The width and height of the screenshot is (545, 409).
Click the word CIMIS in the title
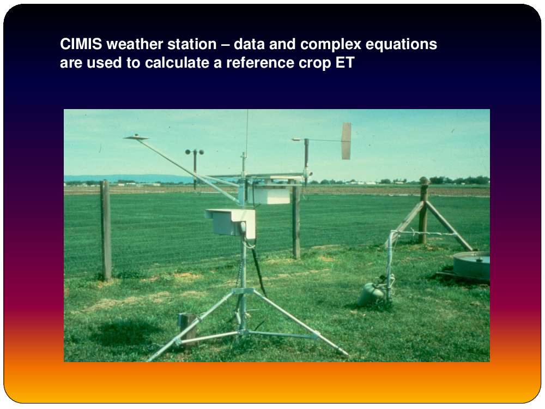[81, 44]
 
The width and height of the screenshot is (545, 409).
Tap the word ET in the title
[345, 63]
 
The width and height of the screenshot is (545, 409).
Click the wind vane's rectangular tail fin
[346, 141]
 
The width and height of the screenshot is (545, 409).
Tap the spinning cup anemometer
[195, 152]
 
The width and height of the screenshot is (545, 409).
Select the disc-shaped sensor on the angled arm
[136, 137]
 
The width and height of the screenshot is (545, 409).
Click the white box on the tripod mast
[231, 222]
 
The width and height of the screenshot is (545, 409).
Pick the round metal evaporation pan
[471, 265]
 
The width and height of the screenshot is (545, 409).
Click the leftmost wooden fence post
[106, 230]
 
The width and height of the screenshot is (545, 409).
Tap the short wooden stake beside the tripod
[188, 330]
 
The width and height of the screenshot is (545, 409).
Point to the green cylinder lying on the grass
[371, 294]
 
